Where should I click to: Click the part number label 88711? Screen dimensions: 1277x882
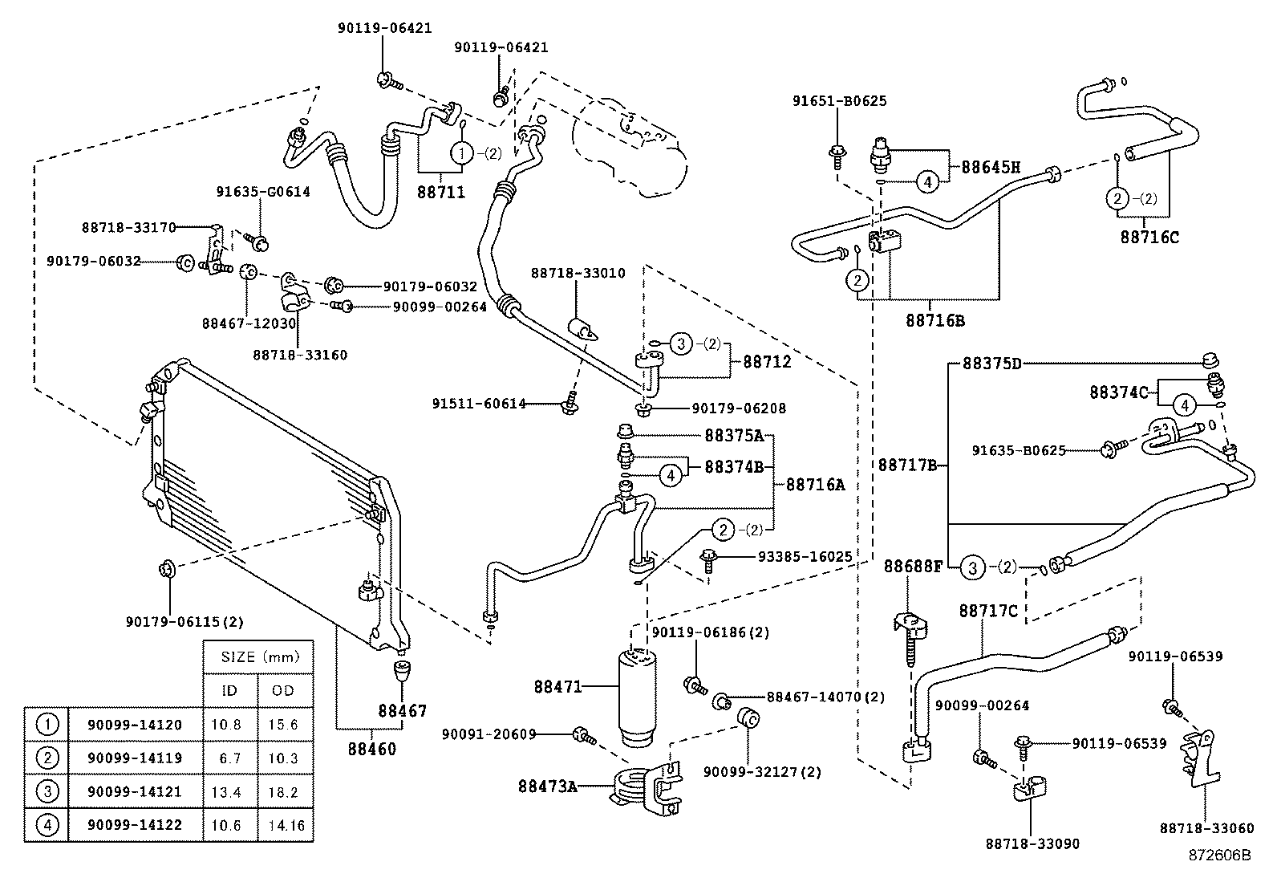click(x=440, y=193)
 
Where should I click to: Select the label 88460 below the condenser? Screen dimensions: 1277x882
click(x=371, y=749)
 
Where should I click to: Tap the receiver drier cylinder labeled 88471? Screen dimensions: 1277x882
click(x=638, y=697)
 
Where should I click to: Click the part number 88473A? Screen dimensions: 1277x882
click(x=547, y=786)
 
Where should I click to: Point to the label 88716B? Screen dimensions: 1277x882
click(x=935, y=321)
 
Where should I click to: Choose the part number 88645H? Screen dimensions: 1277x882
click(x=991, y=167)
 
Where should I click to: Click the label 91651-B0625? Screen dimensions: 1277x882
click(x=839, y=101)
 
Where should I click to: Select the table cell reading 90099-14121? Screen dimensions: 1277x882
click(x=135, y=791)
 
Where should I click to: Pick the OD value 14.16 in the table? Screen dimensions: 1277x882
click(x=286, y=825)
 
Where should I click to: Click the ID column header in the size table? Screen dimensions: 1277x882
click(x=229, y=691)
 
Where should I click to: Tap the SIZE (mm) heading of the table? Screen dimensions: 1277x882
click(x=260, y=657)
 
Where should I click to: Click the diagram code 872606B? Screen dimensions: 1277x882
click(x=1219, y=856)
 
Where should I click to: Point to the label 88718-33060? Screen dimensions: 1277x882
click(x=1207, y=827)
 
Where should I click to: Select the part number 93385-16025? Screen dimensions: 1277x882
click(x=805, y=556)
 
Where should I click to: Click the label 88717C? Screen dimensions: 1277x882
click(x=988, y=612)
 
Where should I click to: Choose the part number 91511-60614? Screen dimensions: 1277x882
click(x=479, y=404)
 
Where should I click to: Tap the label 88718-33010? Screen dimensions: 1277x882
click(x=578, y=274)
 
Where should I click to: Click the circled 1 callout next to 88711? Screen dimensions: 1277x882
click(x=462, y=153)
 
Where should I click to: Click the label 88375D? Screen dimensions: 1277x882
click(x=992, y=364)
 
